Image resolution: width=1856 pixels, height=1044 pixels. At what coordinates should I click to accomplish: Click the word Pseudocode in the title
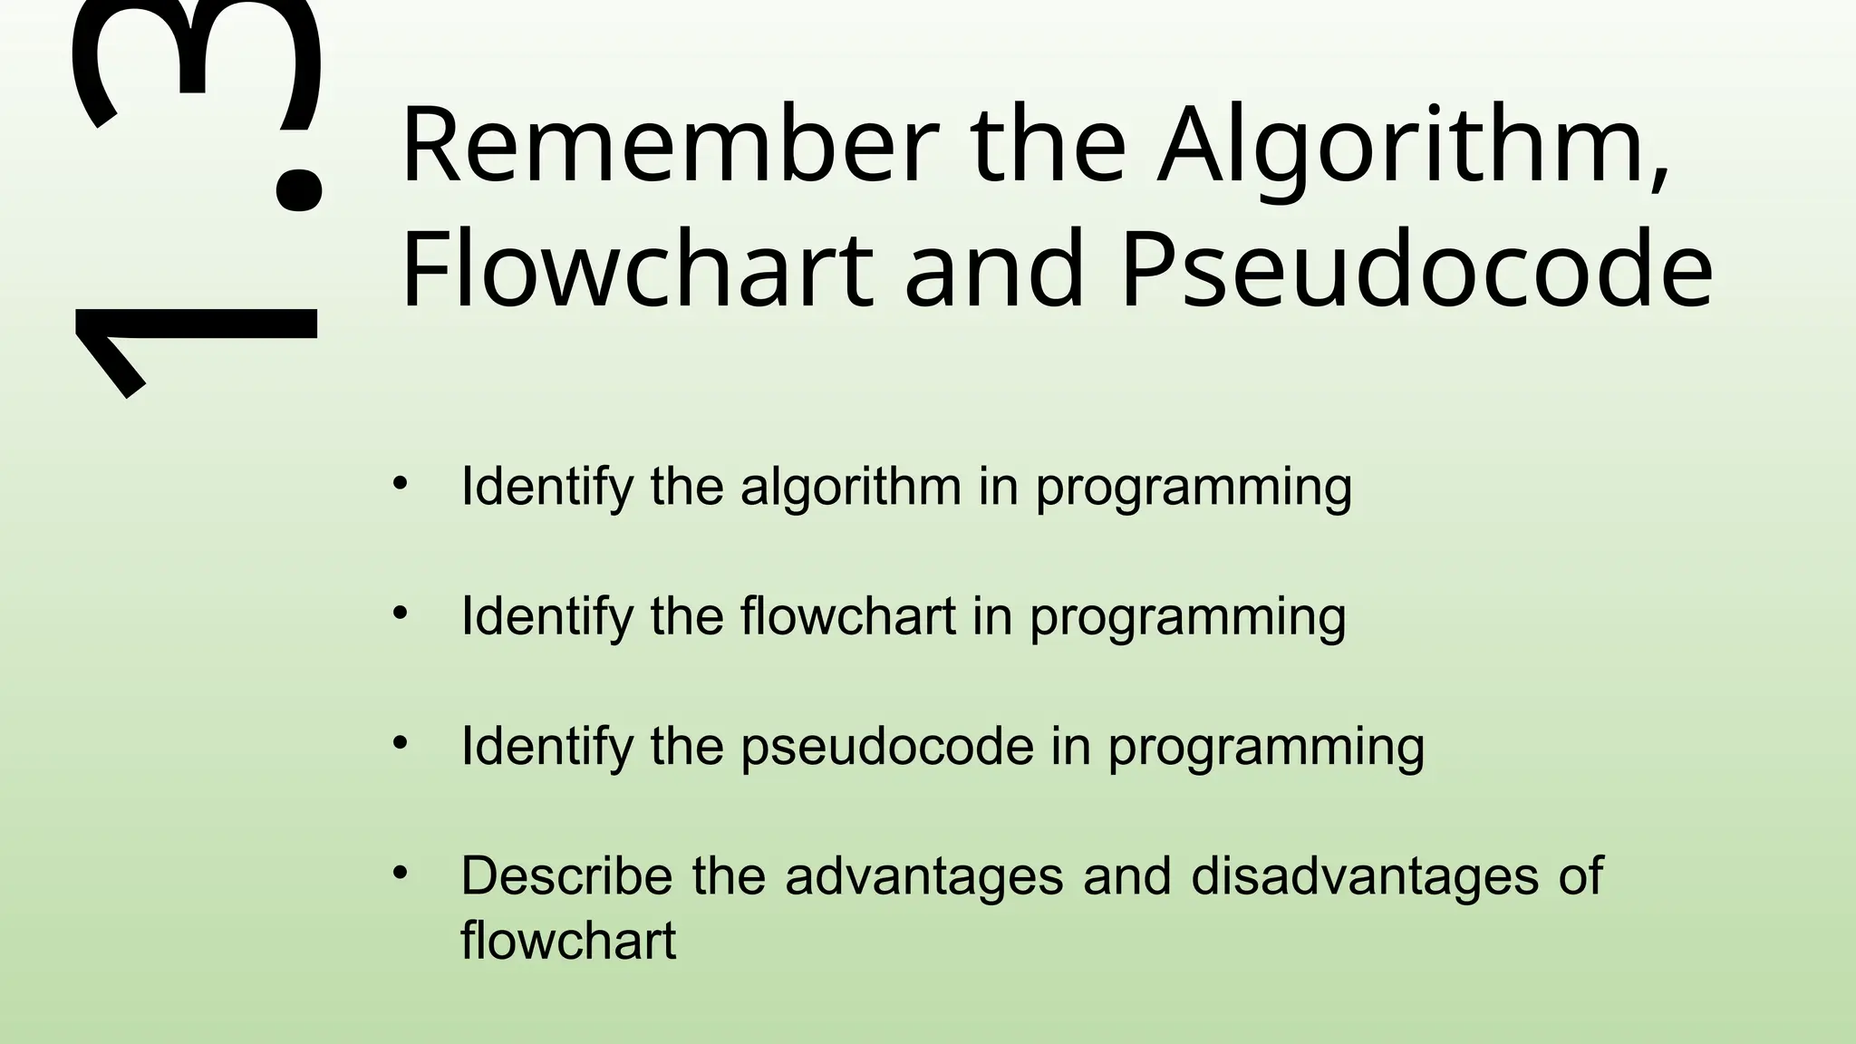coord(1416,270)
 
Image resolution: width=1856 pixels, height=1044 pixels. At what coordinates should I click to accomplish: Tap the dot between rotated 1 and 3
coord(297,186)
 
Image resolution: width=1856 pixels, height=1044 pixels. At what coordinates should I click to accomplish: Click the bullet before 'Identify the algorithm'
coord(401,483)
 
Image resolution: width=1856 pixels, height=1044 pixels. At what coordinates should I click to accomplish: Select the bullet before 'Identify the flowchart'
coord(401,614)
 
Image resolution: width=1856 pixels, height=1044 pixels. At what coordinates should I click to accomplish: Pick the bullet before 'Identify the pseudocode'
coord(401,744)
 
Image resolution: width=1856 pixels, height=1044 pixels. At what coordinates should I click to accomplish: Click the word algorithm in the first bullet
coord(850,487)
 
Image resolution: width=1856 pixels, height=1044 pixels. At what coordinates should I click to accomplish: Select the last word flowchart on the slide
coord(568,941)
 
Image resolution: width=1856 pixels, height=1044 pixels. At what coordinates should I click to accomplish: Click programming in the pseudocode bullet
coord(1266,749)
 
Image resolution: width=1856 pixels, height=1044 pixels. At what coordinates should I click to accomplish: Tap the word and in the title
coord(994,270)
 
